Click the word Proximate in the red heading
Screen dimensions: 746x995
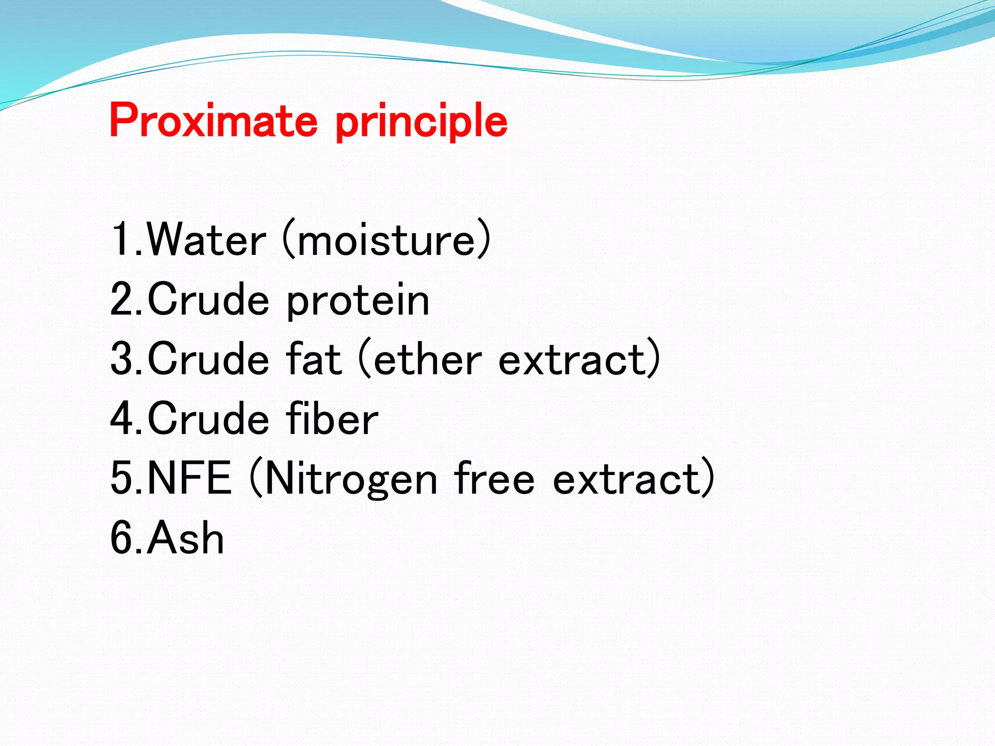pyautogui.click(x=214, y=120)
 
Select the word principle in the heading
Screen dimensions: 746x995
pyautogui.click(x=421, y=121)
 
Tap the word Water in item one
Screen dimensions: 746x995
pyautogui.click(x=206, y=239)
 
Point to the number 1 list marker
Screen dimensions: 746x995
pyautogui.click(x=121, y=239)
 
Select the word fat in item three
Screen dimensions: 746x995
pyautogui.click(x=314, y=359)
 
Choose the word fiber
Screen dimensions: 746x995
pyautogui.click(x=332, y=419)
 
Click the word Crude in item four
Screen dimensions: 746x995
pyautogui.click(x=208, y=419)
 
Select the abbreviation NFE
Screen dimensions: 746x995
pyautogui.click(x=189, y=478)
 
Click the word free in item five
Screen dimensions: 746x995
pyautogui.click(x=495, y=478)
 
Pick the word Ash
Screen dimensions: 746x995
pyautogui.click(x=186, y=538)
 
